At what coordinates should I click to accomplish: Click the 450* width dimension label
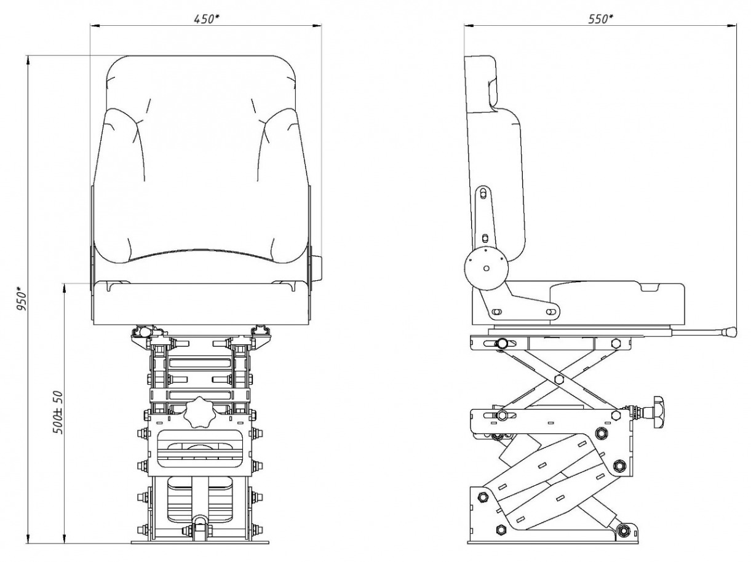pos(207,18)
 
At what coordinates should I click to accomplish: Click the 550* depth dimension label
pos(600,18)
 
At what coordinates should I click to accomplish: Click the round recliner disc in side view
pos(486,268)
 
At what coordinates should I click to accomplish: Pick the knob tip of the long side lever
pos(729,332)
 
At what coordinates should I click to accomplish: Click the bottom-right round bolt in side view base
pos(626,529)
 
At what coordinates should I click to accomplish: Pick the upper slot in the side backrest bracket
pos(483,194)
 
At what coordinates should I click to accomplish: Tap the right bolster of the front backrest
pos(280,178)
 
